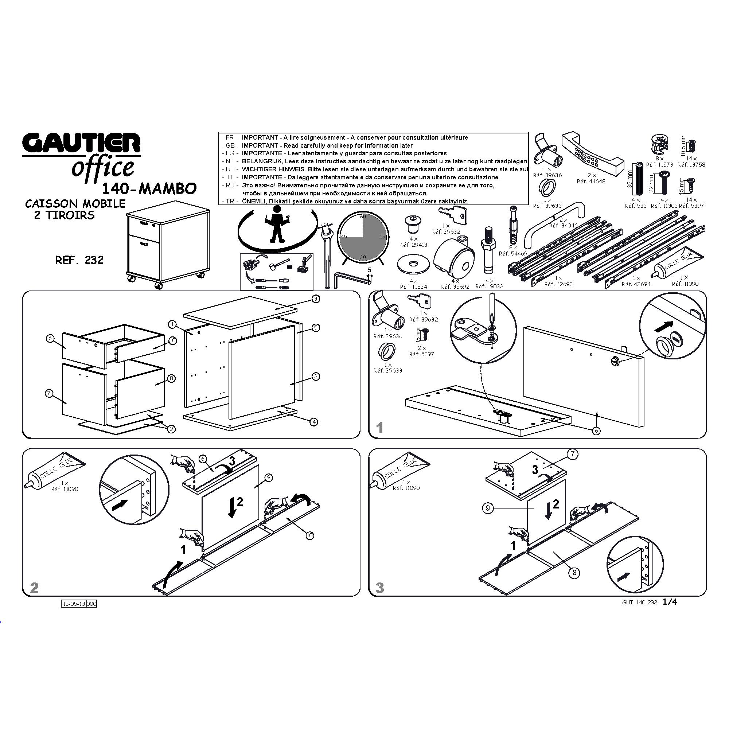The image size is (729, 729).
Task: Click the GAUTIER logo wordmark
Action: pos(81,144)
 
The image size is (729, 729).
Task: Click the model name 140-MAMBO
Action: pos(149,188)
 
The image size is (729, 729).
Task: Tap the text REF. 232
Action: pos(79,260)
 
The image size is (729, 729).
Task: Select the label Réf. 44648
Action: pos(591,182)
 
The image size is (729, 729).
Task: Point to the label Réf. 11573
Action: pos(659,165)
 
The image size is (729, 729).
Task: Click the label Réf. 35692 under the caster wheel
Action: pos(455,287)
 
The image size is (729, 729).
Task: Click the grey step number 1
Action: pos(380,428)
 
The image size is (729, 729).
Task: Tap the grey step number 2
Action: pos(34,588)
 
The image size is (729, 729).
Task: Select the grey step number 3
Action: pos(380,588)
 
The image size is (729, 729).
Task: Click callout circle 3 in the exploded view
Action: pos(316,299)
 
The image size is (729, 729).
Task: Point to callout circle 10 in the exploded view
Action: pos(172,341)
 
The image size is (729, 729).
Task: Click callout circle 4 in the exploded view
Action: pos(314,422)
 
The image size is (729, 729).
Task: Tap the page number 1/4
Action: pos(670,602)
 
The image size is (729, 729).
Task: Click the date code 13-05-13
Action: pos(74,604)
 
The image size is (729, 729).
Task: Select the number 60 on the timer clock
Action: pos(363,217)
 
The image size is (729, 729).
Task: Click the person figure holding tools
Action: pos(278,225)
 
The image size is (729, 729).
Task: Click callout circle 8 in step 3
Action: pos(574,573)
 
